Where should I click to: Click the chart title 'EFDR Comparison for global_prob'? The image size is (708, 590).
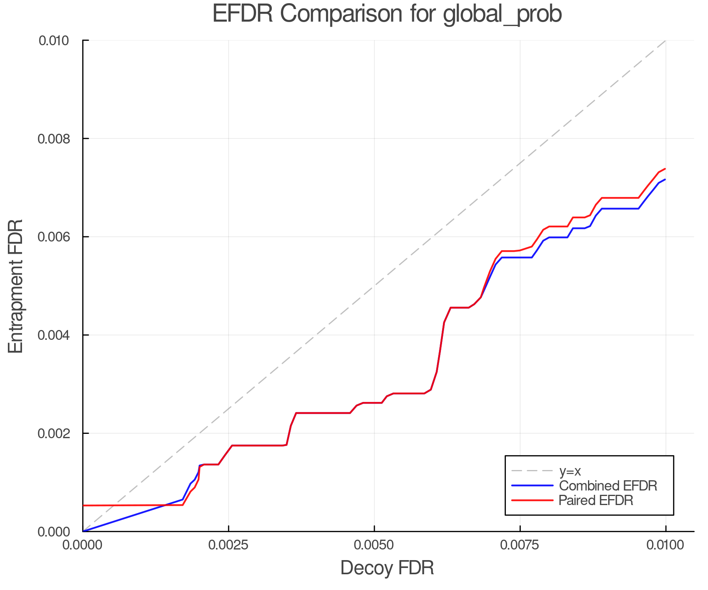click(387, 14)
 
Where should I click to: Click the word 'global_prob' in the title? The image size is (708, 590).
click(502, 15)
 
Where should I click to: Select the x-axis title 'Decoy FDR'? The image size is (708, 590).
click(387, 568)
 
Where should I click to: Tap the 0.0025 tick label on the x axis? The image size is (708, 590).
click(229, 545)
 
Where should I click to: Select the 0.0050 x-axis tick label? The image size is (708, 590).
click(374, 545)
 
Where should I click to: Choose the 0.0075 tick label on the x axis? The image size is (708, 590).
click(520, 545)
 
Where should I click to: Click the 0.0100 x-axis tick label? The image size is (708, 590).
click(666, 545)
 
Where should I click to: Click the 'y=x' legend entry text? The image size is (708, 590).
click(570, 471)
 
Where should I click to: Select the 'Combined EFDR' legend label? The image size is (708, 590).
click(608, 486)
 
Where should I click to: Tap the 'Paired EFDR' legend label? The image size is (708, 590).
click(596, 500)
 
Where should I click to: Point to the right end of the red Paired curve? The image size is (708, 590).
click(665, 169)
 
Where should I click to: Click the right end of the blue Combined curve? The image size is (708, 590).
click(665, 179)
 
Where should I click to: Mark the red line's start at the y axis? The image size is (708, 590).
click(84, 505)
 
